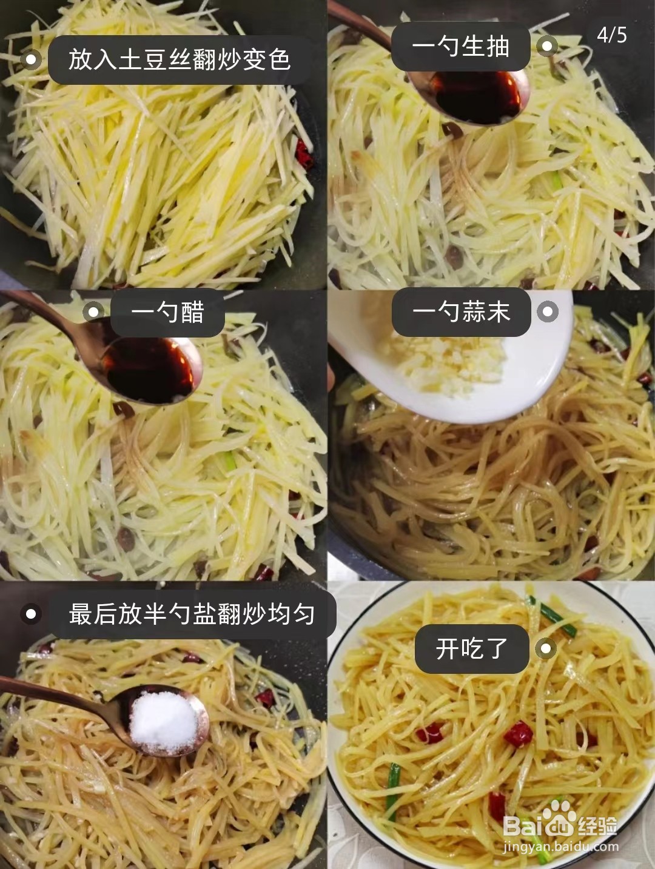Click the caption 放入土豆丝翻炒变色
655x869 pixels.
click(x=180, y=60)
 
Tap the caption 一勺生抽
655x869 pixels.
click(x=460, y=47)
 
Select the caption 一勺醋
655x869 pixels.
click(x=168, y=313)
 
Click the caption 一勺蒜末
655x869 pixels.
click(x=461, y=313)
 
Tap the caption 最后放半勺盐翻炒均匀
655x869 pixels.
click(x=192, y=614)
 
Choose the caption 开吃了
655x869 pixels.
click(x=471, y=649)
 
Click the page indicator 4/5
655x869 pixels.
click(x=611, y=35)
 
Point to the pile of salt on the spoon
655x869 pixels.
click(x=163, y=721)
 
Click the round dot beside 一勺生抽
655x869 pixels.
click(x=547, y=46)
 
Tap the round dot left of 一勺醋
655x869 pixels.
click(x=93, y=312)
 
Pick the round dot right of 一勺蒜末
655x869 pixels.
click(x=547, y=311)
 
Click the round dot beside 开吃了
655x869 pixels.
click(x=546, y=649)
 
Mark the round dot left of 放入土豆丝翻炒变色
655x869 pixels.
click(x=30, y=59)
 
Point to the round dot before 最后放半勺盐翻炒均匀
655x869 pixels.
click(x=30, y=614)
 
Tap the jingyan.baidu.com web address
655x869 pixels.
click(x=560, y=847)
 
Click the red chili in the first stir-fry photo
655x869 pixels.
click(x=304, y=153)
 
